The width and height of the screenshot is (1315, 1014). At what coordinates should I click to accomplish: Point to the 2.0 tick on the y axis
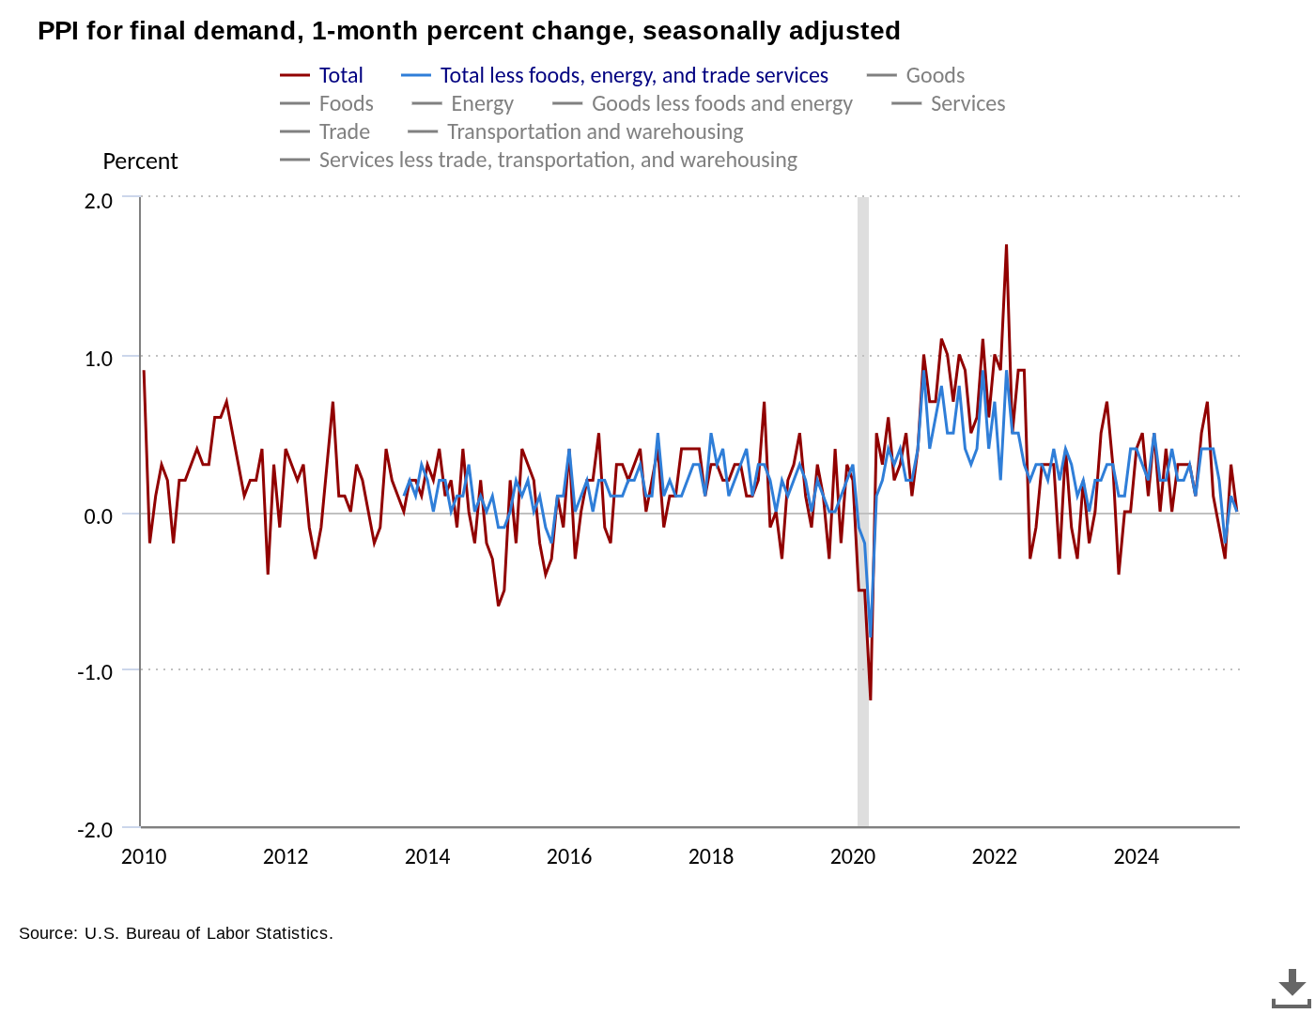pos(99,201)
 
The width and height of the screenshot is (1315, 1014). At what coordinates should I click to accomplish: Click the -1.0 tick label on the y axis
pos(95,672)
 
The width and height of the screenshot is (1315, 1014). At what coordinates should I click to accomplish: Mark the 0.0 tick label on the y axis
pos(99,516)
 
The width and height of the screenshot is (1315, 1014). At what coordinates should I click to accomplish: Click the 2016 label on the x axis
pos(569,856)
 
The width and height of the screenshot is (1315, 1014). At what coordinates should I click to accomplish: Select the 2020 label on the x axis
pos(853,856)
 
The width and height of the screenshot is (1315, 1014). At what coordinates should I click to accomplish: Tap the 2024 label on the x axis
pos(1137,856)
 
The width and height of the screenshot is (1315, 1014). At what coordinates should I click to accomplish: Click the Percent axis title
pos(140,161)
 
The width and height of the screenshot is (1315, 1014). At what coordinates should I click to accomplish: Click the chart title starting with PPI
pos(469,31)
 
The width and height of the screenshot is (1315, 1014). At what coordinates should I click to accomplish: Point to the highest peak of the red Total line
pos(1006,246)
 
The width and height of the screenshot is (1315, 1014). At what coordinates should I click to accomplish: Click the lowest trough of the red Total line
pos(871,699)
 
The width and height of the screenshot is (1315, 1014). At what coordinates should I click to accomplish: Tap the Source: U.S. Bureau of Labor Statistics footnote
pos(176,933)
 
